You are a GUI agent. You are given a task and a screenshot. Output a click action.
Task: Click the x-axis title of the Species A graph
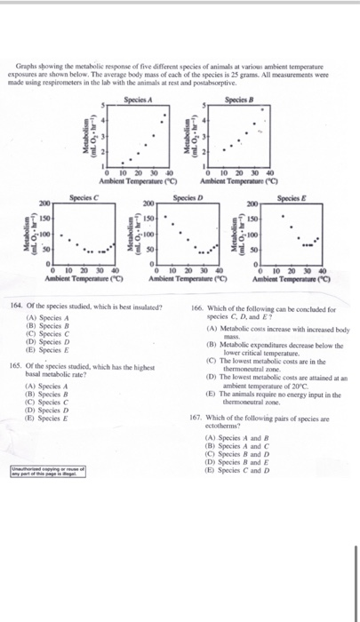click(138, 181)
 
